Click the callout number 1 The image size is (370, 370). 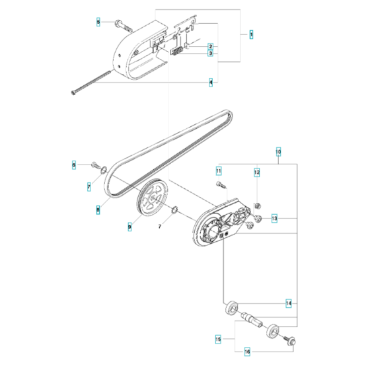[x=250, y=33]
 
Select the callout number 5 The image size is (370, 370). [x=99, y=22]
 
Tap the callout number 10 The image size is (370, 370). [x=279, y=151]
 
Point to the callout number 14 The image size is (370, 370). [x=288, y=303]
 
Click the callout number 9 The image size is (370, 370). [x=129, y=227]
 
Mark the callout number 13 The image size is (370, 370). [x=292, y=217]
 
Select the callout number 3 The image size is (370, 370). [x=210, y=54]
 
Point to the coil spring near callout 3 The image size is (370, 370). [x=178, y=51]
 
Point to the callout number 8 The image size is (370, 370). [x=98, y=209]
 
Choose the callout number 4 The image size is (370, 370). [x=210, y=82]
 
